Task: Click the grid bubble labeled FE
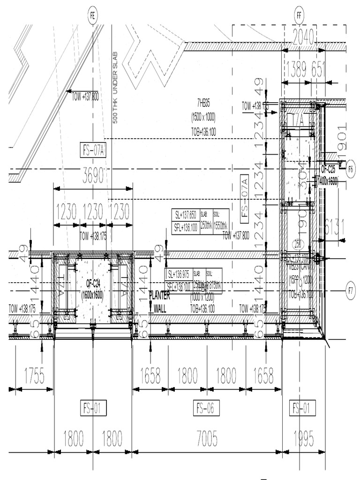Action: (92, 16)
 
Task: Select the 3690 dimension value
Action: (93, 178)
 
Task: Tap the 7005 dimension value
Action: (207, 439)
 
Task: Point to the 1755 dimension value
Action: (34, 376)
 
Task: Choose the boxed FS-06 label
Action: (206, 408)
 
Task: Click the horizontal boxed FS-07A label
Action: (94, 150)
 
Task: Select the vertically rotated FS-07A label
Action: (244, 197)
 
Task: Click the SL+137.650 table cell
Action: (185, 215)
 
